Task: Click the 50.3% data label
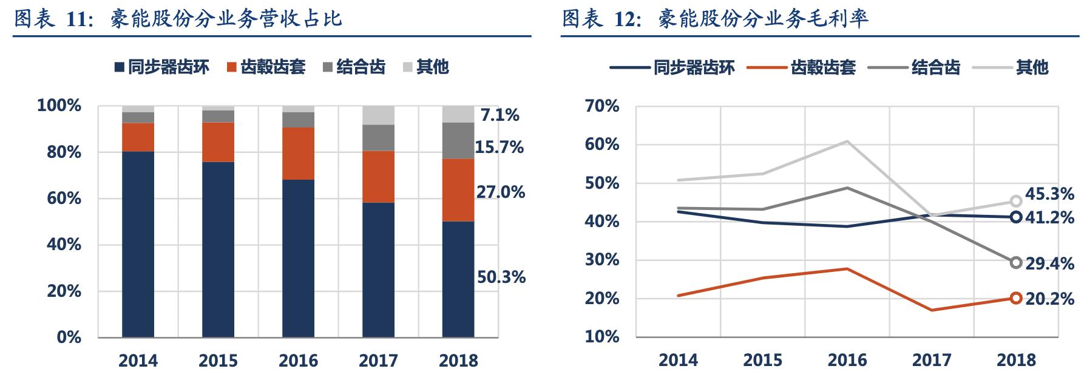point(501,277)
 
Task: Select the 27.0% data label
point(501,192)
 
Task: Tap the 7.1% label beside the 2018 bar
point(500,115)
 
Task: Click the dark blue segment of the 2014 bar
point(138,243)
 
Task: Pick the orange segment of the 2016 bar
point(298,153)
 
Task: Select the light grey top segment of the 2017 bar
point(378,115)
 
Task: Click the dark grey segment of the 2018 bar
point(458,140)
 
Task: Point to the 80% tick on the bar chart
point(64,152)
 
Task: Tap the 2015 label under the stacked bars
point(218,361)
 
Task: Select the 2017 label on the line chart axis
point(932,360)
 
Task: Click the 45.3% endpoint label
point(1049,194)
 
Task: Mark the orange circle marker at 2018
point(1016,298)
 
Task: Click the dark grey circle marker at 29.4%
point(1016,262)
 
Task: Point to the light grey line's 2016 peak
point(847,141)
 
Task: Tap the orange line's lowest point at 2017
point(932,310)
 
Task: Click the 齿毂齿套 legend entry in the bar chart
point(266,67)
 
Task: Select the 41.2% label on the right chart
point(1049,217)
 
